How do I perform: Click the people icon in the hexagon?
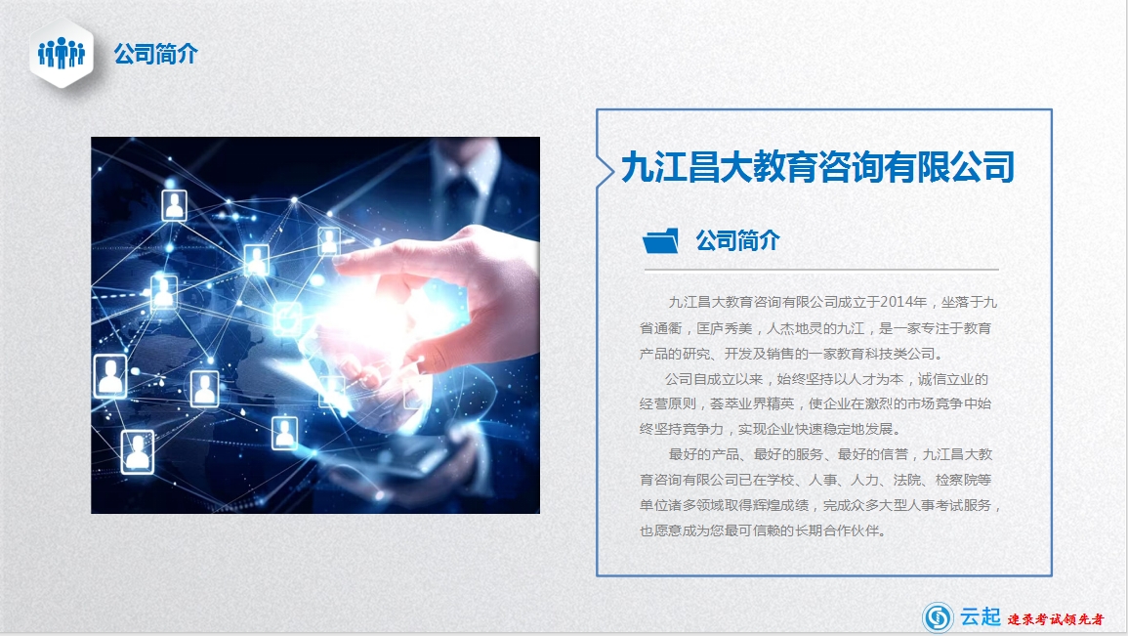pyautogui.click(x=62, y=53)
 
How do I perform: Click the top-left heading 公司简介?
pyautogui.click(x=155, y=54)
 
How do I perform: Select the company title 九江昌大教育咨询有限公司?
pyautogui.click(x=818, y=167)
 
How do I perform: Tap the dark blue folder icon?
pyautogui.click(x=660, y=241)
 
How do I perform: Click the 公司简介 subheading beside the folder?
pyautogui.click(x=737, y=240)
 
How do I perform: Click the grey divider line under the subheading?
pyautogui.click(x=820, y=270)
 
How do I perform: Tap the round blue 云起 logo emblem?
pyautogui.click(x=938, y=616)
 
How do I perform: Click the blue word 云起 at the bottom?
pyautogui.click(x=980, y=616)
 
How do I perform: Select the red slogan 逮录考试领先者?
pyautogui.click(x=1056, y=618)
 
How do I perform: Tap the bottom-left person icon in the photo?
pyautogui.click(x=138, y=451)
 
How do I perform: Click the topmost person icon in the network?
pyautogui.click(x=174, y=206)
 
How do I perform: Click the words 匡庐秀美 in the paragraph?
pyautogui.click(x=724, y=328)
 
